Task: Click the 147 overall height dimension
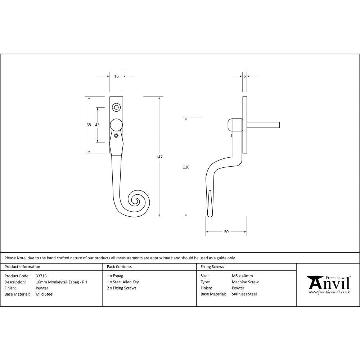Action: (x=159, y=157)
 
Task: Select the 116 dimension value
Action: (x=186, y=167)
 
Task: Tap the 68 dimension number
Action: (x=89, y=125)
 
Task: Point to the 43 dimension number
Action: (x=97, y=125)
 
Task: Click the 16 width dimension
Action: (x=116, y=76)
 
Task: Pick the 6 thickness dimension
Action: (x=244, y=76)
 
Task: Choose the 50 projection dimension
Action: (x=226, y=232)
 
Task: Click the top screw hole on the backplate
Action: (x=116, y=107)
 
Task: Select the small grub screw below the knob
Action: (x=116, y=136)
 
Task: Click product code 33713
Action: (x=41, y=276)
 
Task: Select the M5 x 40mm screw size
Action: (x=242, y=276)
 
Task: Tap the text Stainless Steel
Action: (x=244, y=294)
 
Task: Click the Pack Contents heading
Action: (x=119, y=267)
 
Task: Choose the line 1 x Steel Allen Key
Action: (x=123, y=282)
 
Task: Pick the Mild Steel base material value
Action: (x=45, y=294)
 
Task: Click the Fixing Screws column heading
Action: (x=212, y=267)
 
